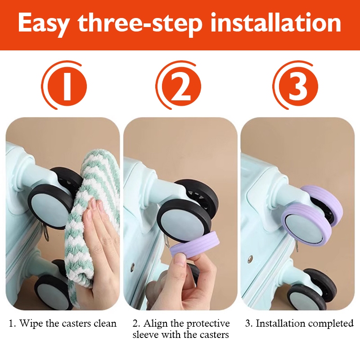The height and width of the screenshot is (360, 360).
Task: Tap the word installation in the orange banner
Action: (275, 22)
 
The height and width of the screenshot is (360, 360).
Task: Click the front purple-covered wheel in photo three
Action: (307, 223)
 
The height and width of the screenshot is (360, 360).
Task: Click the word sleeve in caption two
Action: (145, 334)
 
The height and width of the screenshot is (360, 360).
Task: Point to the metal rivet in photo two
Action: (132, 266)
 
